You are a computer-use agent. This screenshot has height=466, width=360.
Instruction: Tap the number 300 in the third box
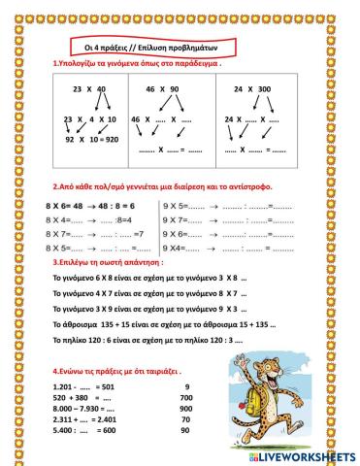pos(263,88)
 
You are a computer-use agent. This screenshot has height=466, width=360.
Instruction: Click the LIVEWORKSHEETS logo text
pos(305,454)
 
